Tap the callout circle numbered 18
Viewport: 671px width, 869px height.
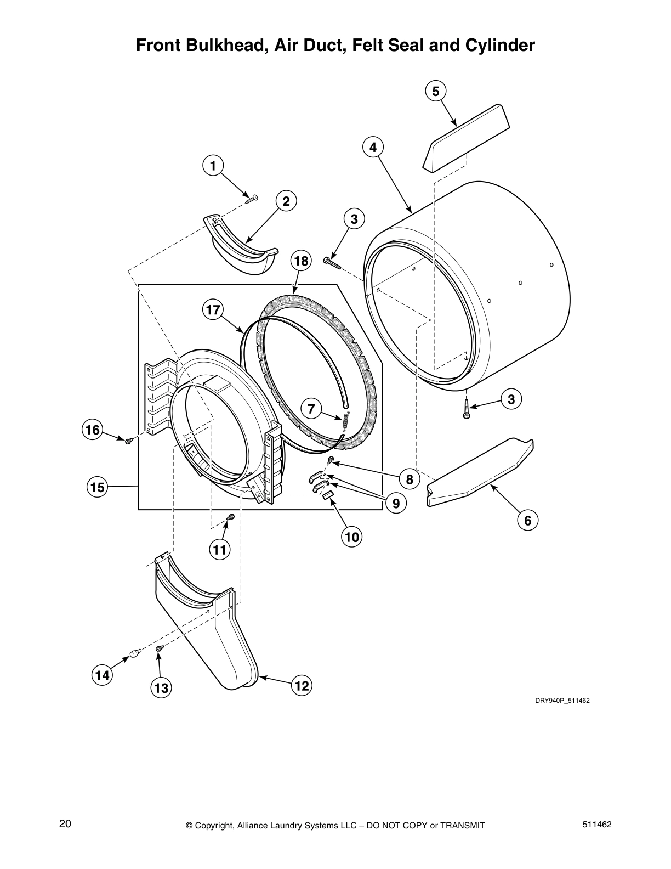coord(301,260)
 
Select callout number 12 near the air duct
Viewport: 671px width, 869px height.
coord(302,685)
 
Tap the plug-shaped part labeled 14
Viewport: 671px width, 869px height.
coord(135,652)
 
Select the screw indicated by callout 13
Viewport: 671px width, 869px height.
coord(159,649)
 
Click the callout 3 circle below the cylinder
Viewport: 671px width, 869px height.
coord(511,400)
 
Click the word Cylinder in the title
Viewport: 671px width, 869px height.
coord(499,45)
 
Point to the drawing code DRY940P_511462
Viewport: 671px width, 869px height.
coord(562,701)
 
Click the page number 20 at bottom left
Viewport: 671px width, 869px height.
coord(65,823)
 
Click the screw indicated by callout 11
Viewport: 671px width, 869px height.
coord(231,517)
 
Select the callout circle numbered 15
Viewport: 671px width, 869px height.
coord(97,486)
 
